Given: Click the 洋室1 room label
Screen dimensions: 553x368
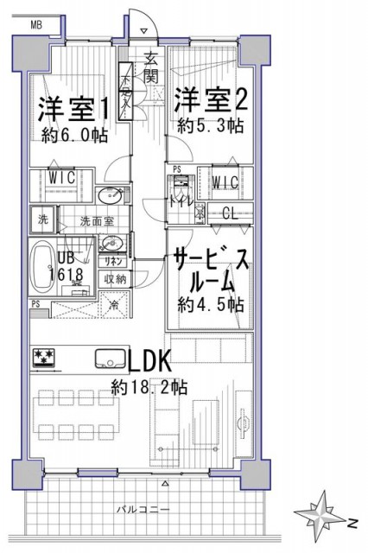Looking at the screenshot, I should point(73,108).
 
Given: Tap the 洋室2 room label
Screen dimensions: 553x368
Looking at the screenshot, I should point(213,99).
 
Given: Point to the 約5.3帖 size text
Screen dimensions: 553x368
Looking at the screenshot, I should point(210,126).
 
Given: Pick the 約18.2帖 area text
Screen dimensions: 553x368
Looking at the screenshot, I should point(149,387).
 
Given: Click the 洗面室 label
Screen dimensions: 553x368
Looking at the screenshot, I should point(97,220).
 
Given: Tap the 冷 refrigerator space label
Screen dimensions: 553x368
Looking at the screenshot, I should point(114,304).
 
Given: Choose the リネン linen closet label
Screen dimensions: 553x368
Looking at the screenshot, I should point(116,261).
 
